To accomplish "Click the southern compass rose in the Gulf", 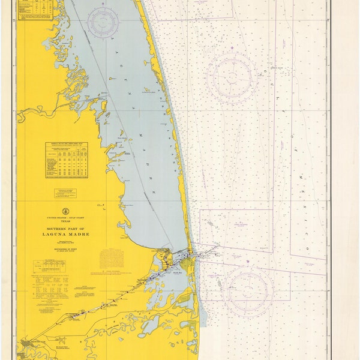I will tap(248, 287).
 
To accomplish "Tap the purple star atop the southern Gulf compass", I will tap(248, 262).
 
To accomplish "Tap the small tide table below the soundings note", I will tap(52, 262).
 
